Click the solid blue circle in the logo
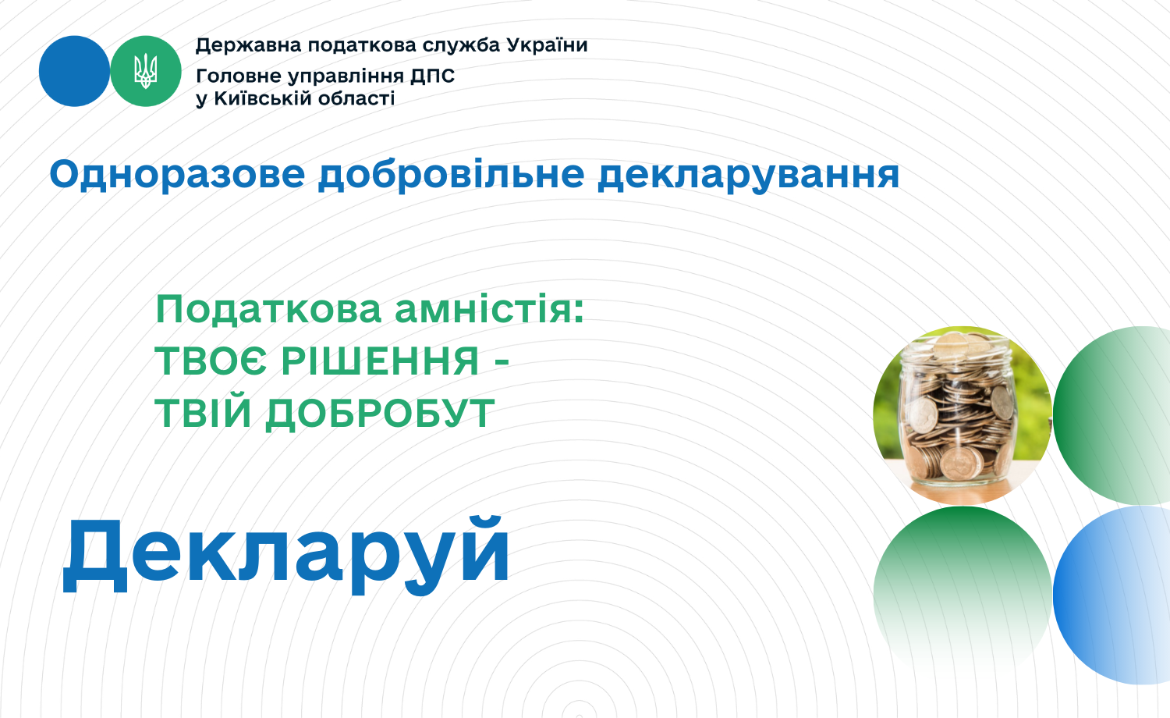pyautogui.click(x=75, y=71)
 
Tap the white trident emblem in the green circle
pyautogui.click(x=146, y=71)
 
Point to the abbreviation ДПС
pyautogui.click(x=432, y=76)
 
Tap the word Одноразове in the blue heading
pyautogui.click(x=177, y=175)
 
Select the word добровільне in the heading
pyautogui.click(x=452, y=176)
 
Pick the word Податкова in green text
pyautogui.click(x=268, y=309)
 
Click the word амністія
pyautogui.click(x=489, y=309)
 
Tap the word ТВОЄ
pyautogui.click(x=211, y=361)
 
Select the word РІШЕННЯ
pyautogui.click(x=381, y=361)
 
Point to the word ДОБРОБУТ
pyautogui.click(x=380, y=414)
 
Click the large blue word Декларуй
pyautogui.click(x=285, y=555)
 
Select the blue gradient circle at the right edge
pyautogui.click(x=1111, y=595)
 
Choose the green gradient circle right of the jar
pyautogui.click(x=1111, y=415)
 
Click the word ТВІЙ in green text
pyautogui.click(x=203, y=414)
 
